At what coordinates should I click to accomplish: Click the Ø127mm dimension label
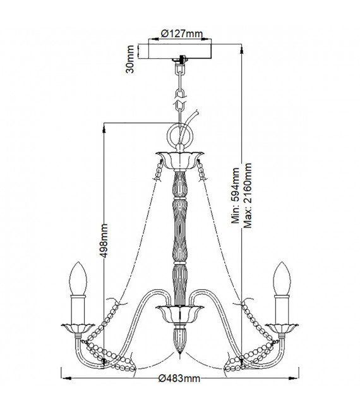pyautogui.click(x=182, y=34)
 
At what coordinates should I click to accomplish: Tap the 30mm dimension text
pyautogui.click(x=130, y=59)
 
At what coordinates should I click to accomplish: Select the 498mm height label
pyautogui.click(x=104, y=241)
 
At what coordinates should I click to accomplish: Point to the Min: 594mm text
pyautogui.click(x=236, y=195)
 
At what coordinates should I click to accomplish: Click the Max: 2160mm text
pyautogui.click(x=248, y=195)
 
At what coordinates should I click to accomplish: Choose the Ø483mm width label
pyautogui.click(x=179, y=379)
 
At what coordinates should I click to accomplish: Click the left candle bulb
pyautogui.click(x=78, y=278)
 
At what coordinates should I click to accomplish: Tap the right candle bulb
pyautogui.click(x=282, y=278)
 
